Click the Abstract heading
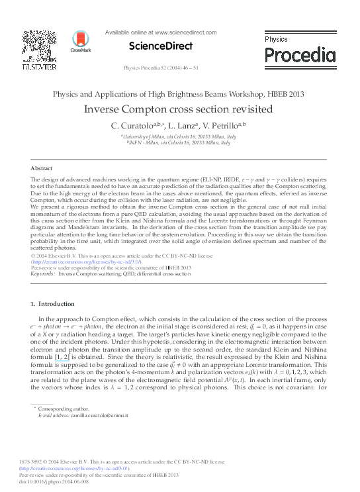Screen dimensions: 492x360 [x=42, y=169]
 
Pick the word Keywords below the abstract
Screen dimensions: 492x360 [x=43, y=273]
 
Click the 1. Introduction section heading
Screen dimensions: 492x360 [x=54, y=304]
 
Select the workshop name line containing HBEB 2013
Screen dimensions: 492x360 [x=179, y=94]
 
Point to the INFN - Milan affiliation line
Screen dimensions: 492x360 [x=179, y=142]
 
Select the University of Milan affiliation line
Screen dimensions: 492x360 [x=179, y=136]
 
